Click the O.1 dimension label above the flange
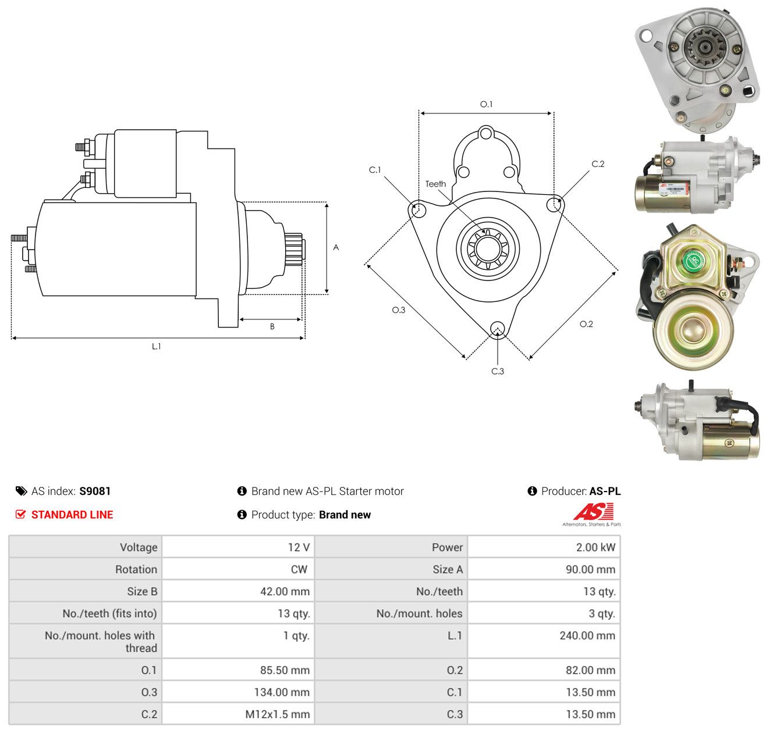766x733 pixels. [x=486, y=104]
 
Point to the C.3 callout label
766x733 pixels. [x=497, y=371]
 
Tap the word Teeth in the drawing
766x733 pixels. [x=435, y=183]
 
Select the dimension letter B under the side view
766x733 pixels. [x=272, y=326]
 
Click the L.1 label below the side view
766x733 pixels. [x=156, y=346]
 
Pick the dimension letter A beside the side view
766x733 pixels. [x=335, y=247]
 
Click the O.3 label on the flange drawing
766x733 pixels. [x=398, y=309]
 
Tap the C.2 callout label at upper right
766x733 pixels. [x=597, y=163]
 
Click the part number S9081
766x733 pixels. [x=95, y=490]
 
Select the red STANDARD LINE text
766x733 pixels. [x=72, y=514]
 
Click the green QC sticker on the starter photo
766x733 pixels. [x=693, y=260]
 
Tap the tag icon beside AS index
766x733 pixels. [x=22, y=490]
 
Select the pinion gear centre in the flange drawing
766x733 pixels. [x=487, y=248]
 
